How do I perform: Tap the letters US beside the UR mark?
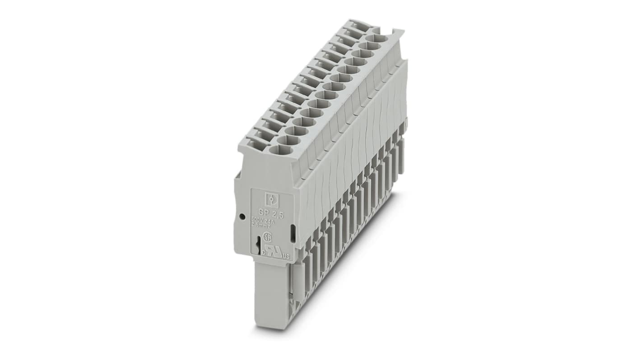(x=286, y=257)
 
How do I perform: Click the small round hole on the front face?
(x=242, y=216)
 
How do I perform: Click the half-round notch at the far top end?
(x=396, y=32)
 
